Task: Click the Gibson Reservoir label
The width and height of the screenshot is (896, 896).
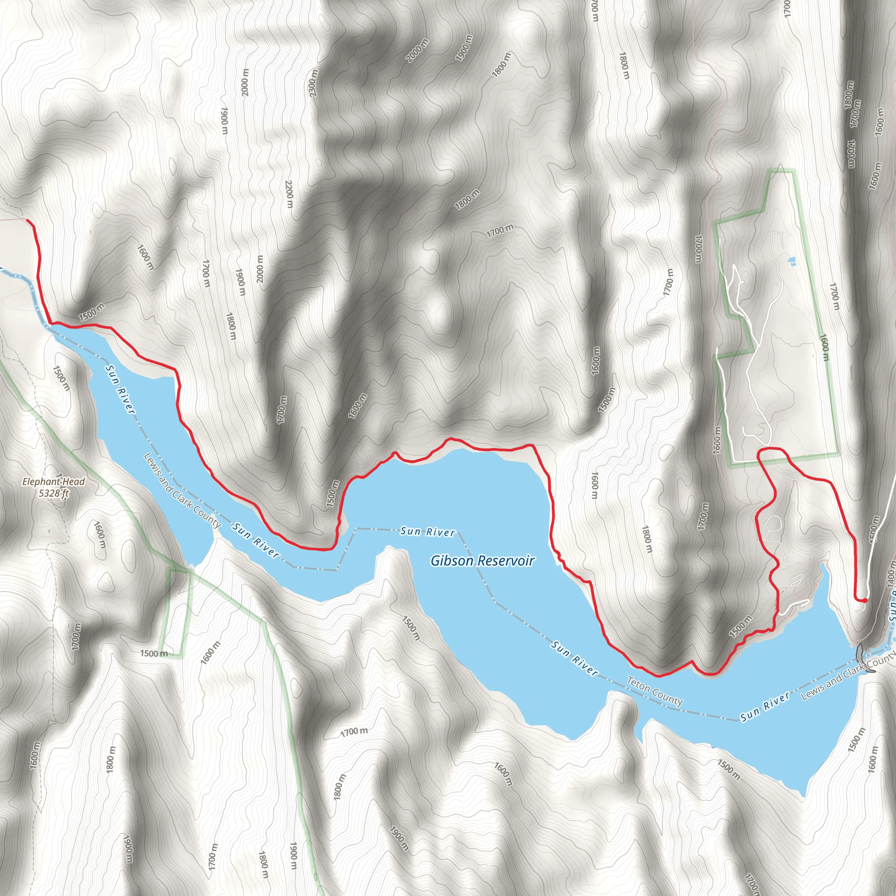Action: pyautogui.click(x=482, y=561)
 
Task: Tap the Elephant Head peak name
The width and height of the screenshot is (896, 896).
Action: pyautogui.click(x=54, y=481)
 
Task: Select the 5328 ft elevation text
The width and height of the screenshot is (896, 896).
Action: pyautogui.click(x=54, y=493)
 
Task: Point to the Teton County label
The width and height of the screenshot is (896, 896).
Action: pyautogui.click(x=654, y=691)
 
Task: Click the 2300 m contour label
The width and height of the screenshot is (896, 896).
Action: pyautogui.click(x=314, y=83)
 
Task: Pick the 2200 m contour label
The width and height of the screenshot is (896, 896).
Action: pyautogui.click(x=289, y=194)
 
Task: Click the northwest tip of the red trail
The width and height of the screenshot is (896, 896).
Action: pyautogui.click(x=28, y=221)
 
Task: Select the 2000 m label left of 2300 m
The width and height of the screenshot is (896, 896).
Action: pyautogui.click(x=245, y=83)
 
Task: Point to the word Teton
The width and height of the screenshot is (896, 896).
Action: pyautogui.click(x=640, y=684)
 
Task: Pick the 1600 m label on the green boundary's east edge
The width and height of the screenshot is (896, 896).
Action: pyautogui.click(x=824, y=347)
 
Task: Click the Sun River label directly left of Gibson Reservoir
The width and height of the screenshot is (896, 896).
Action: pyautogui.click(x=427, y=532)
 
